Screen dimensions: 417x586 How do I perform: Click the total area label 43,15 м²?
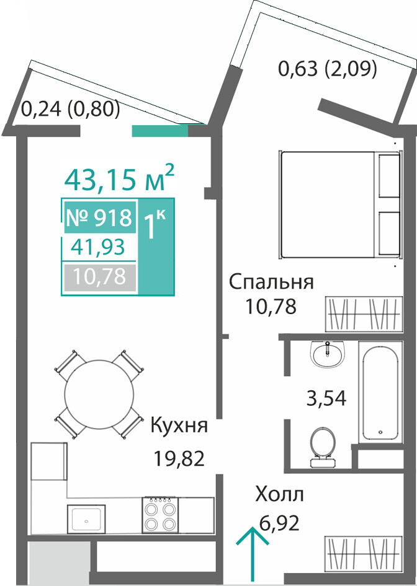coord(119,178)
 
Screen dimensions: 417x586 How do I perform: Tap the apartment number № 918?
coord(99,217)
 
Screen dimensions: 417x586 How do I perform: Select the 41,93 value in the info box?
coord(97,247)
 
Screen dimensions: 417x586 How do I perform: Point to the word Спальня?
coord(271,282)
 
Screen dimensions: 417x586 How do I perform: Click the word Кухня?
coord(179,425)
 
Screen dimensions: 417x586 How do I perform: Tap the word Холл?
coord(279,494)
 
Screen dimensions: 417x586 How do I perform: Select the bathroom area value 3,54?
coord(326,398)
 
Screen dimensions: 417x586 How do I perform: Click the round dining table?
coord(99,395)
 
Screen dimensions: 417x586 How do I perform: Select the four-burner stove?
coord(160,514)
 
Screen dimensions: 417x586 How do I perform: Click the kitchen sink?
coord(86,520)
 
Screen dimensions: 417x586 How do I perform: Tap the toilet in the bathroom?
coord(323,447)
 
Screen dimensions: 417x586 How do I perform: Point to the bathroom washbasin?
coord(328,354)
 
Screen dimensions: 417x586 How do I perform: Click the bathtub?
coord(380,392)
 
